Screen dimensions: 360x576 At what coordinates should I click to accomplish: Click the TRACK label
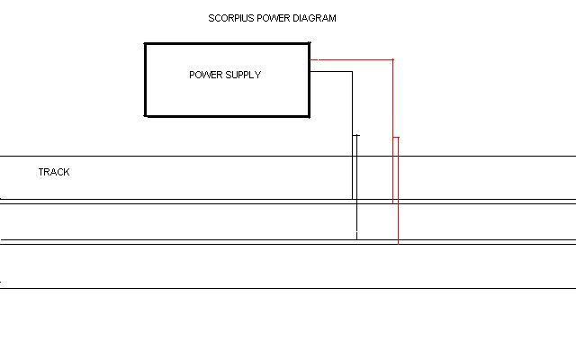54,172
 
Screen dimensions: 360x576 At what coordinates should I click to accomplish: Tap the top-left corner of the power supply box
146,44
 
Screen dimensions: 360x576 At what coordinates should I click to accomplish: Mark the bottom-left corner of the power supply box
146,116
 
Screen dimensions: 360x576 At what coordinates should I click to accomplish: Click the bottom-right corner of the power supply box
310,116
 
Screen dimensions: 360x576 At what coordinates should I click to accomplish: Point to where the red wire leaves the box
310,60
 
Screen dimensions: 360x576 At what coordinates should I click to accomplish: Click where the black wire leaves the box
310,72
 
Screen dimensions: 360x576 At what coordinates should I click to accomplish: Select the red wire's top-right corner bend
392,60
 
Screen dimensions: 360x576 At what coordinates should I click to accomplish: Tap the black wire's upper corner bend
352,72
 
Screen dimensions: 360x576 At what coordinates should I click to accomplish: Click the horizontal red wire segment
351,60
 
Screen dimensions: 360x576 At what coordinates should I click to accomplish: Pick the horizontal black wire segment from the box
331,72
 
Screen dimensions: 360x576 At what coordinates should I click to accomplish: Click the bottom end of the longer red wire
398,242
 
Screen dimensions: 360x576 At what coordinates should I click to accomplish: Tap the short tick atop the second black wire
356,136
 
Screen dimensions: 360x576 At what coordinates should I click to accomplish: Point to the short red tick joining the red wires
395,138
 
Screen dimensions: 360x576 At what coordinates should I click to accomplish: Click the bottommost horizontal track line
288,288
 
